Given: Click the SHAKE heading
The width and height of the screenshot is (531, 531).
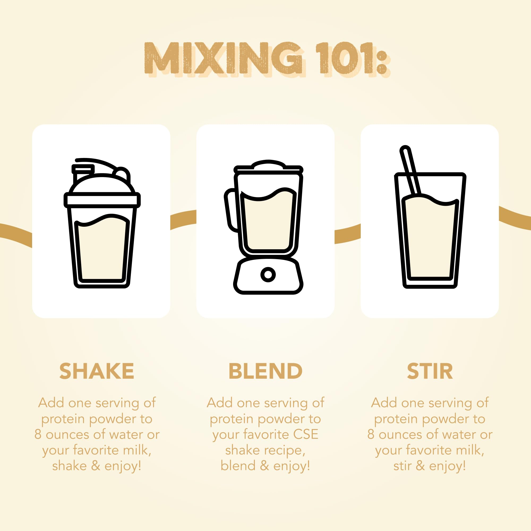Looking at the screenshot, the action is click(x=97, y=371).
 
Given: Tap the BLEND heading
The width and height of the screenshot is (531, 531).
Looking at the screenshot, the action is click(x=265, y=371).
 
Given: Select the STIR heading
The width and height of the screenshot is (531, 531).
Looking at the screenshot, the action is click(x=430, y=371).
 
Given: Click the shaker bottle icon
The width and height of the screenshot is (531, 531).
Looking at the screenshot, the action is click(x=102, y=223).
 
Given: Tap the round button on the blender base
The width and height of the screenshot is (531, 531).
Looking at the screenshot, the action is click(x=268, y=274).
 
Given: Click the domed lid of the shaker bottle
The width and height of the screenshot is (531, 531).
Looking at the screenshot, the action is click(x=102, y=183).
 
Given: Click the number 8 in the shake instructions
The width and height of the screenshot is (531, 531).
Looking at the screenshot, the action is click(x=38, y=435).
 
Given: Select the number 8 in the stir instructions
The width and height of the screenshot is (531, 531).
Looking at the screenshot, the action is click(x=371, y=435).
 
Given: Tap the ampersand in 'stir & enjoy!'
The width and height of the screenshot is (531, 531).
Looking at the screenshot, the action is click(x=420, y=466).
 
